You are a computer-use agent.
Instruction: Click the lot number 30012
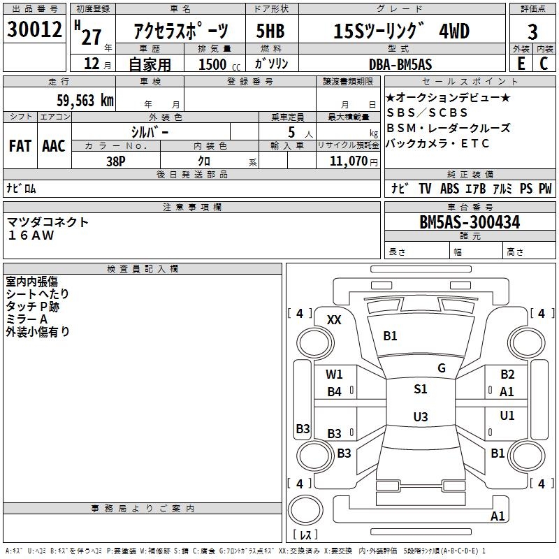pyautogui.click(x=36, y=30)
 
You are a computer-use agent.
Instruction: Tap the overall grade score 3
pyautogui.click(x=532, y=32)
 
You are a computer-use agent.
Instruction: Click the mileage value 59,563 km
pyautogui.click(x=85, y=100)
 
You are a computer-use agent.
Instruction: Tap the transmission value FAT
pyautogui.click(x=20, y=146)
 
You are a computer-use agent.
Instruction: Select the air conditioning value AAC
pyautogui.click(x=54, y=146)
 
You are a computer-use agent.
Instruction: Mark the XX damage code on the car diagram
pyautogui.click(x=335, y=320)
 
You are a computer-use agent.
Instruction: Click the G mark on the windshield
pyautogui.click(x=442, y=368)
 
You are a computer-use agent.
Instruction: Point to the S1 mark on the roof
pyautogui.click(x=421, y=389)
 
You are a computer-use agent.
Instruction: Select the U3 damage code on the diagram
pyautogui.click(x=421, y=417)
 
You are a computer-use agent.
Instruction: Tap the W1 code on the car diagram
pyautogui.click(x=335, y=374)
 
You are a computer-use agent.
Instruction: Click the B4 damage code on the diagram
pyautogui.click(x=335, y=392)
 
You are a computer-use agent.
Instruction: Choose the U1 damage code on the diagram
pyautogui.click(x=507, y=416)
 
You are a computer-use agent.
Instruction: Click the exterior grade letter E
pyautogui.click(x=521, y=64)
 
